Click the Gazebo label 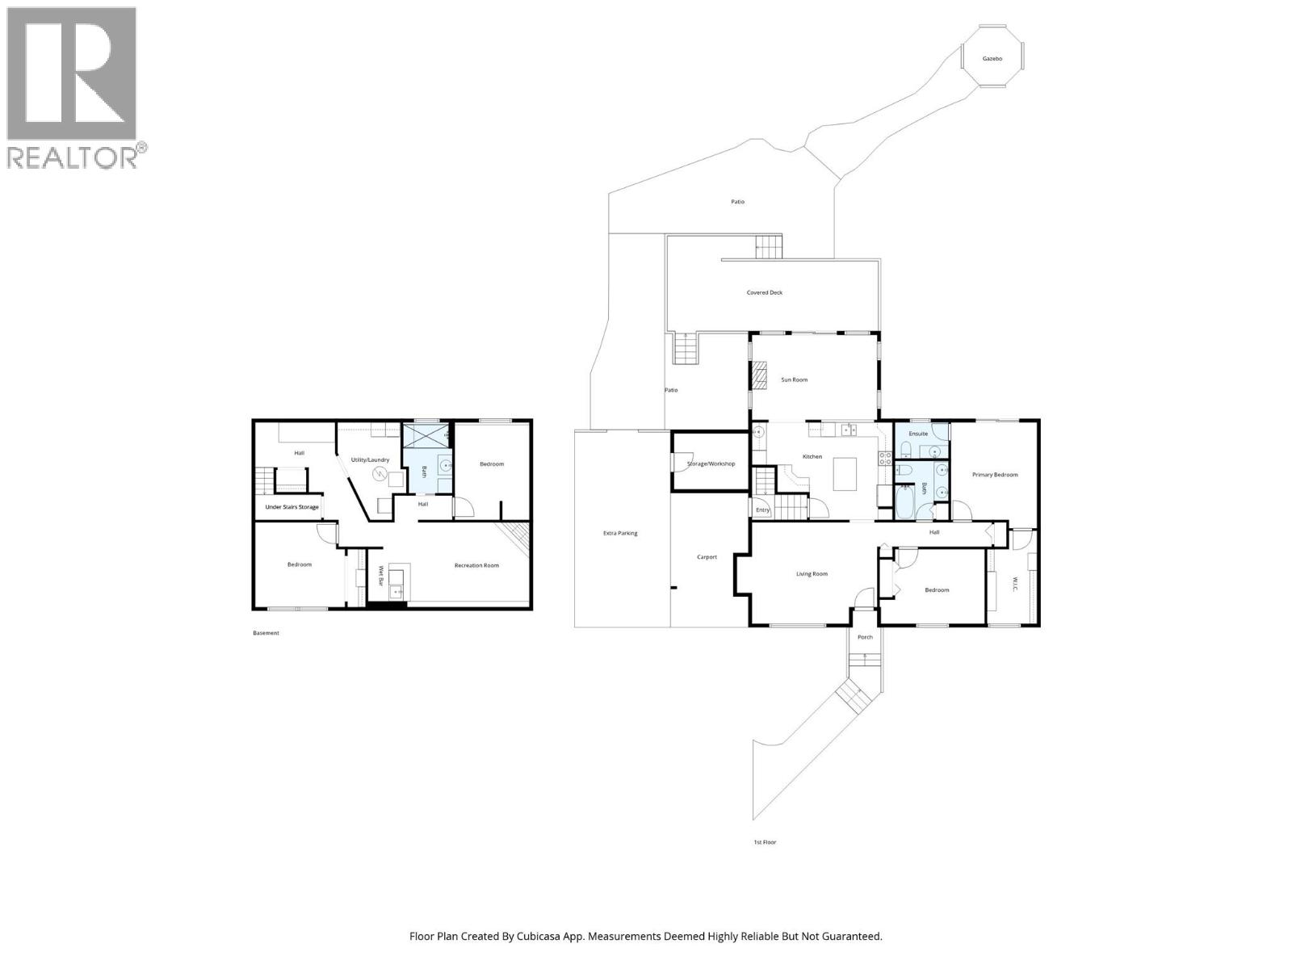[x=992, y=59]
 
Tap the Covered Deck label [x=764, y=293]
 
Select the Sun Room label [x=794, y=380]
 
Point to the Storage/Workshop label [x=711, y=464]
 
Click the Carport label [x=707, y=557]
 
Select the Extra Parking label [x=620, y=533]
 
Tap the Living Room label [x=812, y=574]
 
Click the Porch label [x=865, y=637]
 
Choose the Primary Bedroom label [x=995, y=475]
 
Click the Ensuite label [x=918, y=434]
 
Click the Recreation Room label [x=476, y=565]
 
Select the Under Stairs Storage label [x=292, y=507]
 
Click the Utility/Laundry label [x=370, y=460]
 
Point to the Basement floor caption [x=266, y=633]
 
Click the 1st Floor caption [x=764, y=842]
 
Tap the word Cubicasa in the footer [x=548, y=937]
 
